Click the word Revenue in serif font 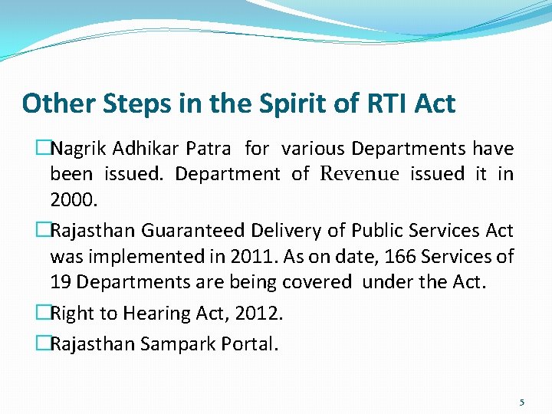pos(360,174)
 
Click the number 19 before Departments pos(61,283)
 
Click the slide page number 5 pos(521,402)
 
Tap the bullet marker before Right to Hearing pos(43,313)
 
